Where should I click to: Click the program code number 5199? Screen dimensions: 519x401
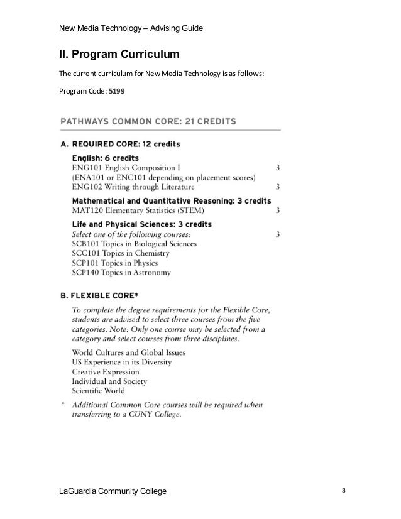pyautogui.click(x=116, y=91)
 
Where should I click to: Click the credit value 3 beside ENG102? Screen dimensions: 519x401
pyautogui.click(x=278, y=187)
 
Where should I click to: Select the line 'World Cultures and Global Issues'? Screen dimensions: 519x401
pyautogui.click(x=129, y=352)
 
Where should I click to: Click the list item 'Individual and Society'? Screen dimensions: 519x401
pyautogui.click(x=109, y=381)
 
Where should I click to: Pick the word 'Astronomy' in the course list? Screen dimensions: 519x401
pyautogui.click(x=153, y=273)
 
